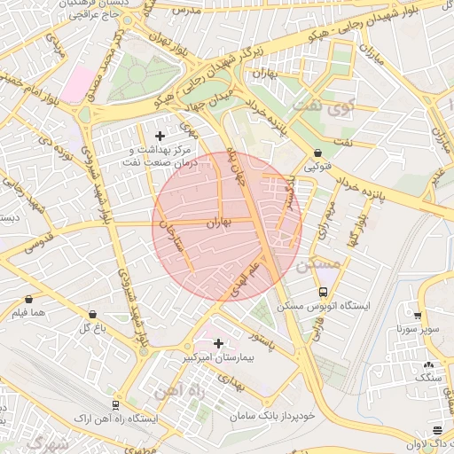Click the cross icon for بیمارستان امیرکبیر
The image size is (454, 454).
tap(218, 342)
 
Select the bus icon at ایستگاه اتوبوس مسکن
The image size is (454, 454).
tap(324, 291)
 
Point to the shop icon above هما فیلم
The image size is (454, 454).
tap(31, 299)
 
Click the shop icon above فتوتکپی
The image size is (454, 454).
tap(317, 152)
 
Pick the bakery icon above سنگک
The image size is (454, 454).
tap(429, 364)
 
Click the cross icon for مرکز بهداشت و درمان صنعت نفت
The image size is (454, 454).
tap(160, 136)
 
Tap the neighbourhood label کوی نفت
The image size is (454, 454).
tap(345, 109)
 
